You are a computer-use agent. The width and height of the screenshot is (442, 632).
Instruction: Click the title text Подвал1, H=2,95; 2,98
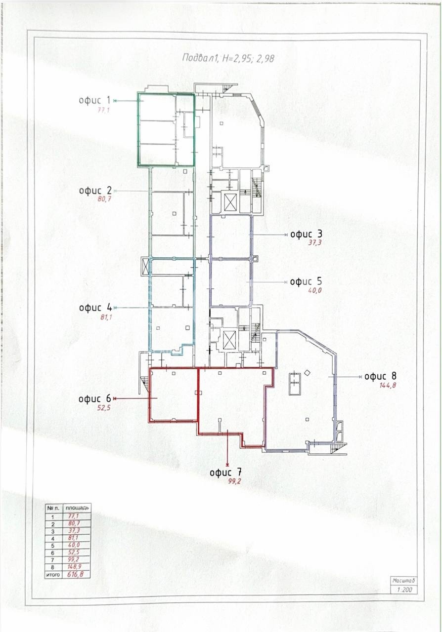coord(228,58)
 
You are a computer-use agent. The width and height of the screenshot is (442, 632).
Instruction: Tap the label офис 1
coord(94,100)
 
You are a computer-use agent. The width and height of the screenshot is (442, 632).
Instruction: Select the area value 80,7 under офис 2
coord(104,199)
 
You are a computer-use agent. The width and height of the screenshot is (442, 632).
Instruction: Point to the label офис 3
coord(307,234)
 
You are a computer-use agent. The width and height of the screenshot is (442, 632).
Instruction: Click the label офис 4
coord(95,308)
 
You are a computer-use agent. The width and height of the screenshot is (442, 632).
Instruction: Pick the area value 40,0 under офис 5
coord(315,291)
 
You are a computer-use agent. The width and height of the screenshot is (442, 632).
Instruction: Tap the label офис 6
coord(94,399)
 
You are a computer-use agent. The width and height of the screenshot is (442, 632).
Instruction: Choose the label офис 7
coord(226,473)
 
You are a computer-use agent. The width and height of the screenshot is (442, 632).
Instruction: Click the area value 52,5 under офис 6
coord(103,408)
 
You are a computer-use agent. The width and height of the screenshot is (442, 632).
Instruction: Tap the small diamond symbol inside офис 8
coord(307,372)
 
